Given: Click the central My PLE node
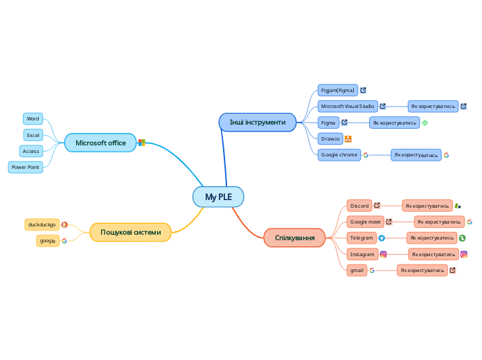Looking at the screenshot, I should click(218, 197).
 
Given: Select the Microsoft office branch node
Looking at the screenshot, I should click(100, 143).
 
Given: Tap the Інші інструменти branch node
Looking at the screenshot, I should click(257, 123).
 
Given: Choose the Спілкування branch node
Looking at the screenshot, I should click(294, 237).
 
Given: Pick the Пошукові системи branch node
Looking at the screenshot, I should click(130, 232).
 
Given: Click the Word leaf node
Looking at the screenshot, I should click(33, 118).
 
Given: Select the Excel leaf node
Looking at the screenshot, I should click(33, 134).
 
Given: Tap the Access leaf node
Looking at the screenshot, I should click(31, 151).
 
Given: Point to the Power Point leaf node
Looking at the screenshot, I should click(26, 167).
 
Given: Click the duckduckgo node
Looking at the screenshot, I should click(42, 224).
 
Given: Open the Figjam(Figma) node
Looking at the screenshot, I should click(337, 90).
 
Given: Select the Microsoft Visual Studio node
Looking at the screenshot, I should click(347, 106).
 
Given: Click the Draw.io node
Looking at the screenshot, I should click(330, 138).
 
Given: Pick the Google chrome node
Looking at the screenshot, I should click(339, 155).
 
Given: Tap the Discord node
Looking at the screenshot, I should click(359, 206).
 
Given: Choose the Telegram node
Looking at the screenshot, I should click(361, 237).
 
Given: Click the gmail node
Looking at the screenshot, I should click(357, 270).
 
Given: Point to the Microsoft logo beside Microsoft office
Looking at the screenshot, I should click(142, 143).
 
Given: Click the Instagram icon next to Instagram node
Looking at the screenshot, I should click(383, 254).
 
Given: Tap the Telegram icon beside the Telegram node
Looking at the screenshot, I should click(382, 238).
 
